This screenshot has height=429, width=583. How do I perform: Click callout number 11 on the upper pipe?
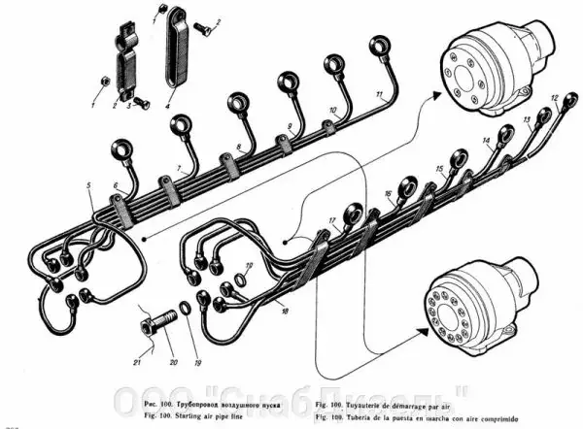tap(379, 93)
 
